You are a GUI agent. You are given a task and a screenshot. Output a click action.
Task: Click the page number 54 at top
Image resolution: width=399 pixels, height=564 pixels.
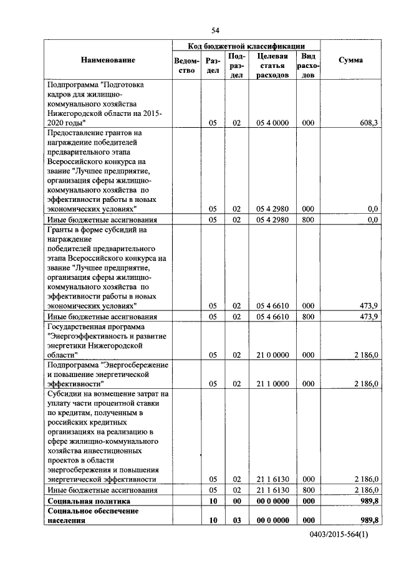coord(216,31)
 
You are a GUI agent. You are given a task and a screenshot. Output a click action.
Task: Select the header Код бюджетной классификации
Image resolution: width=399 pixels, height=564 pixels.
coord(246,45)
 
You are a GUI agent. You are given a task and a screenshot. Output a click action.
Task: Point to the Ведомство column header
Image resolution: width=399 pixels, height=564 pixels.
coord(187,65)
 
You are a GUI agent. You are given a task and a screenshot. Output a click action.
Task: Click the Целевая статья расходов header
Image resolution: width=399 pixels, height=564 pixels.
coord(272,65)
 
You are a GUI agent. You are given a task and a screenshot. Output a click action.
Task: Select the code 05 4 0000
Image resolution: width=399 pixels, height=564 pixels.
coord(272,123)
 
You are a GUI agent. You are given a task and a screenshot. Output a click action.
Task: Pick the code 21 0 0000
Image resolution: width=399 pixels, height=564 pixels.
coord(272,355)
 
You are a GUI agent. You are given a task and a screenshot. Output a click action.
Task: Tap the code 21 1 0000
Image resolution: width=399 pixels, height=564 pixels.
coord(272,384)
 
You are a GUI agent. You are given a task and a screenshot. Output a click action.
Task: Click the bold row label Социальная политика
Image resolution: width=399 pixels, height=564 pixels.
coord(90,500)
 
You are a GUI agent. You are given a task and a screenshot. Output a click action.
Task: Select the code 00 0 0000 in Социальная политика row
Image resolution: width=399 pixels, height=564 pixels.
coord(272,500)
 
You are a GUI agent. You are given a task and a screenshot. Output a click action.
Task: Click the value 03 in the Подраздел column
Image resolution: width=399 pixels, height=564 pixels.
coord(236,520)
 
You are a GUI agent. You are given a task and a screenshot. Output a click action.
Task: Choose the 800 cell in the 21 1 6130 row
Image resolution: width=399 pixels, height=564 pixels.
coord(308,490)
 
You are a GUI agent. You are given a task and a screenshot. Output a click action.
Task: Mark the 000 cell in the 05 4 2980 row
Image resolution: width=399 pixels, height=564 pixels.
coord(308,209)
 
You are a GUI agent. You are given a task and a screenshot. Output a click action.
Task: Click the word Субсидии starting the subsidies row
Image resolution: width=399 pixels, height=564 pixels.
coord(64,394)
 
